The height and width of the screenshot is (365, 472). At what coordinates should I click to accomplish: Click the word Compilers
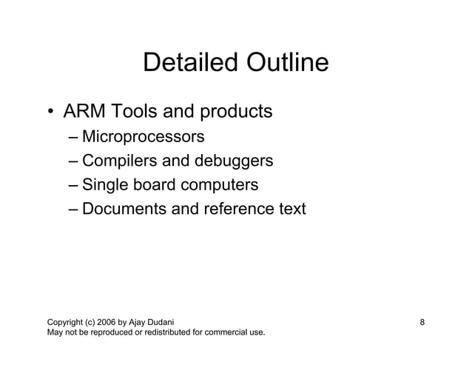(120, 161)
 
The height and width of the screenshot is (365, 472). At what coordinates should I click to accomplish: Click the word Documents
(124, 210)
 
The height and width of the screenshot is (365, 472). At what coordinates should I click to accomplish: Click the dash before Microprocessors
(72, 138)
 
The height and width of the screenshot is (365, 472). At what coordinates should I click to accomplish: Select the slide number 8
(422, 322)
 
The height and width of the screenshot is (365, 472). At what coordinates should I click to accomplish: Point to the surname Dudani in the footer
(159, 322)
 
